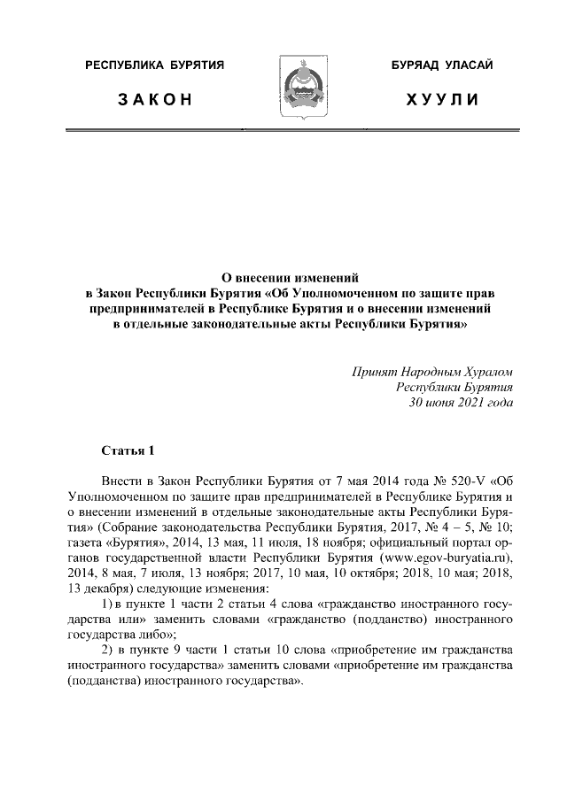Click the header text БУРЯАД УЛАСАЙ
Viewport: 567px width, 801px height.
coord(442,65)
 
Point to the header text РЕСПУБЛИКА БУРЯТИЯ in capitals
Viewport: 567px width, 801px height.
coord(154,65)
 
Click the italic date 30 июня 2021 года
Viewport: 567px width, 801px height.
coord(460,403)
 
